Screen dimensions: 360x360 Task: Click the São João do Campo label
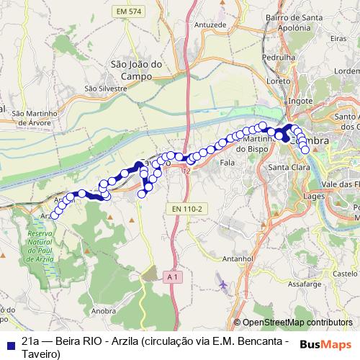click(x=131, y=68)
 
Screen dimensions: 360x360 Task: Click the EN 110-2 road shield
click(x=188, y=209)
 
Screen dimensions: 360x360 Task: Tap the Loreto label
click(x=278, y=81)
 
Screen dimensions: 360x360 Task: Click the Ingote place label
click(x=300, y=102)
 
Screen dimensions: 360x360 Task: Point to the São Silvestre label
click(x=105, y=89)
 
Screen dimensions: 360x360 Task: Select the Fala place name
click(x=228, y=163)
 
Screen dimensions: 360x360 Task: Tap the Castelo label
click(x=346, y=274)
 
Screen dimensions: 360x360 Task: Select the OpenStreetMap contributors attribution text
click(x=297, y=323)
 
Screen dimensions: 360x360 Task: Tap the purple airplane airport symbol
click(x=222, y=286)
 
